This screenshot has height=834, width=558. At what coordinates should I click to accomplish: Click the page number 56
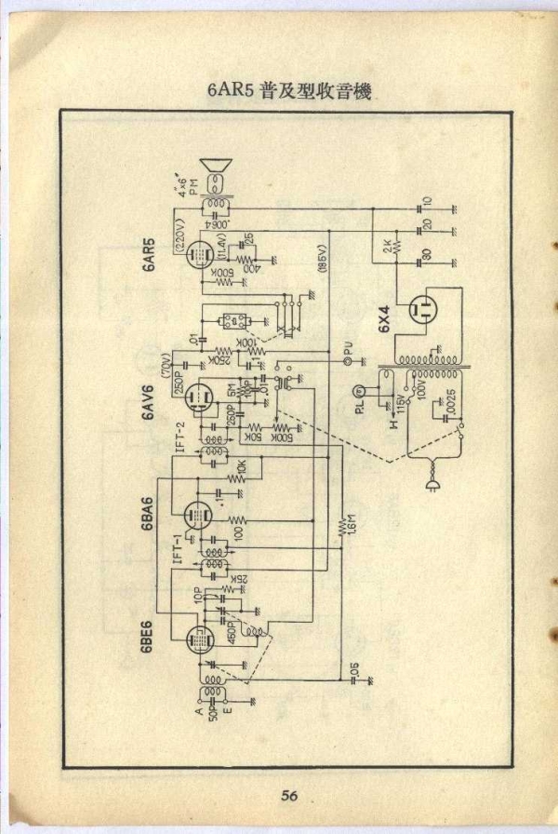point(289,795)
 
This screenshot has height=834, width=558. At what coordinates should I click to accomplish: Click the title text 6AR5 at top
point(232,91)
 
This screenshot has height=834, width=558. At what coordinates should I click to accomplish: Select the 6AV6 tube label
point(148,402)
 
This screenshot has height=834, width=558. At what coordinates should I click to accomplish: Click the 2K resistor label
point(385,248)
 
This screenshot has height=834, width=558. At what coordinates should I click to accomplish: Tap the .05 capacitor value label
point(354,668)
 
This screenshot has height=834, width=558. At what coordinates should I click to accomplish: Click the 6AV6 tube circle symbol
point(196,399)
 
